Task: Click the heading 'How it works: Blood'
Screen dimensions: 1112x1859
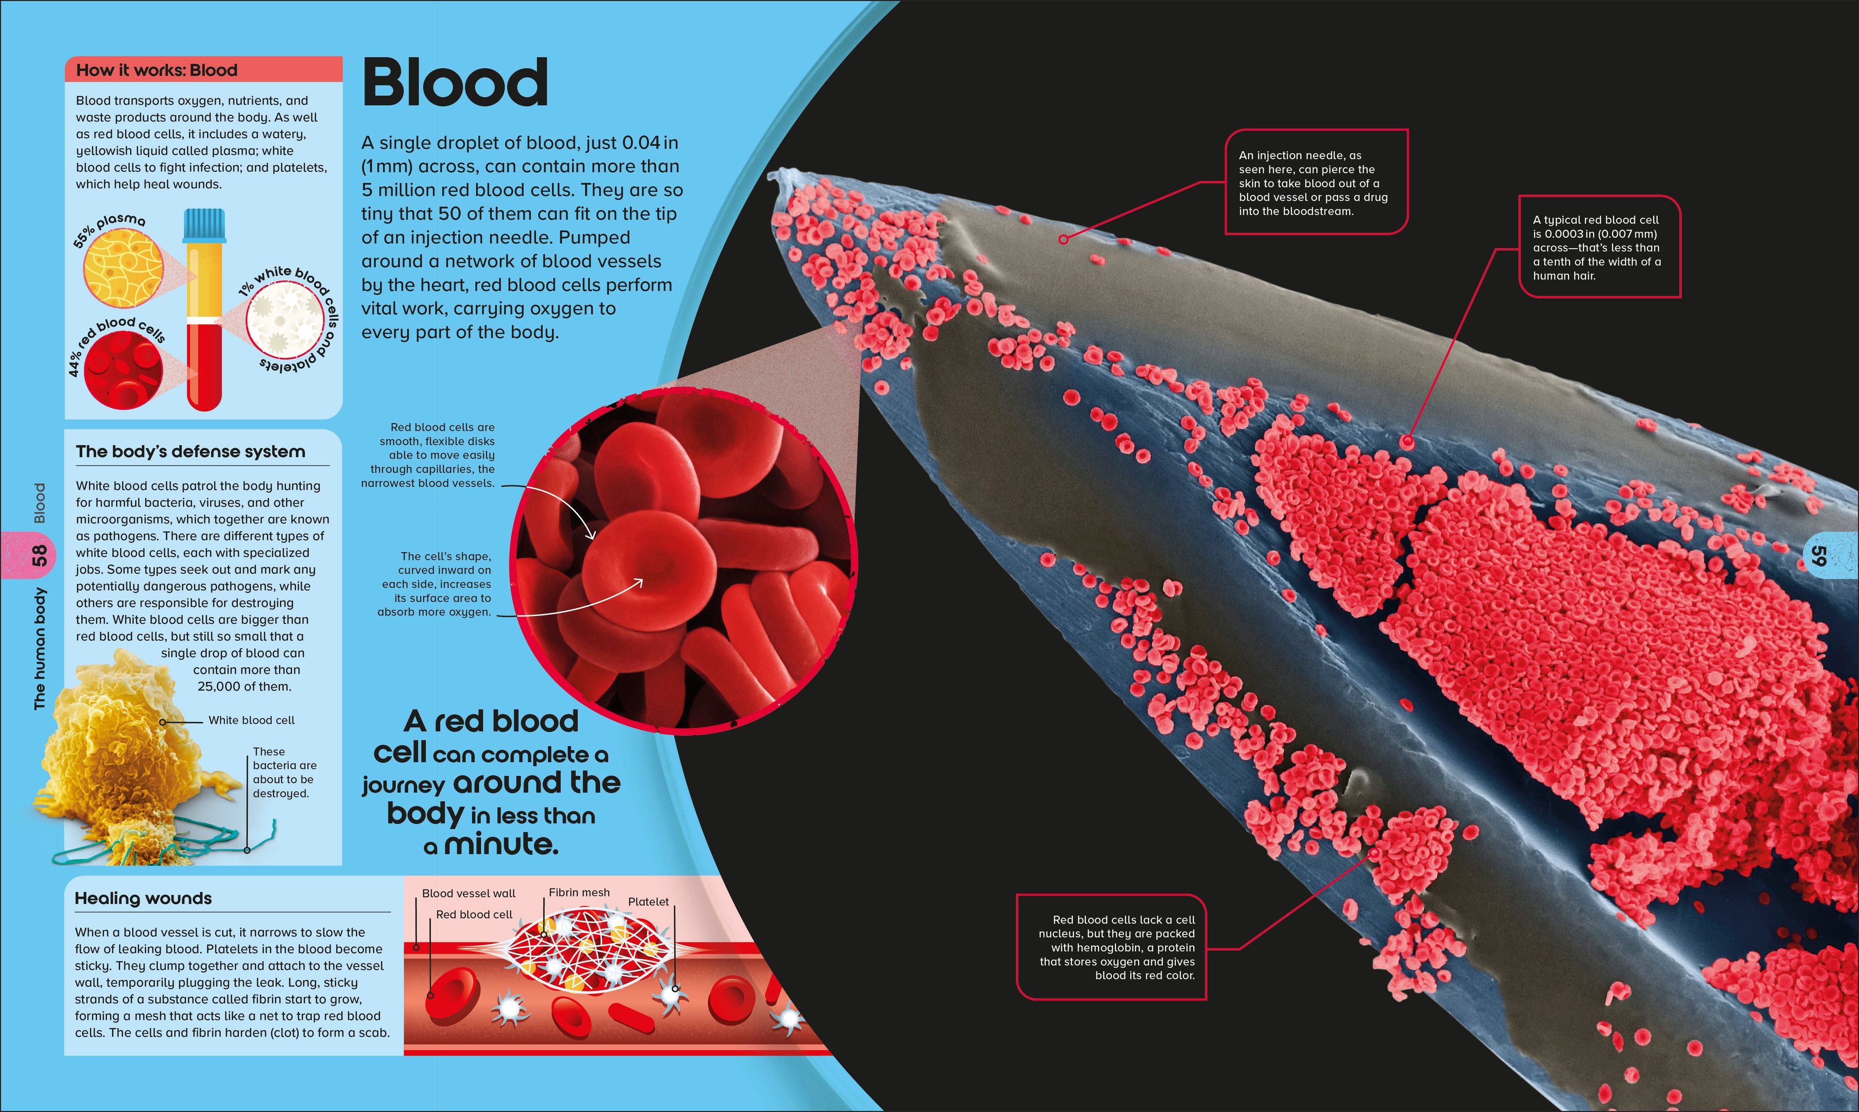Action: pyautogui.click(x=157, y=71)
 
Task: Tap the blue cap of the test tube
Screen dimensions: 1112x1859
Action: pyautogui.click(x=204, y=225)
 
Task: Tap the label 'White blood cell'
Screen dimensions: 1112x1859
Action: pyautogui.click(x=251, y=720)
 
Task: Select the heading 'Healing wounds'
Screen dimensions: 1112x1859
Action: pyautogui.click(x=143, y=899)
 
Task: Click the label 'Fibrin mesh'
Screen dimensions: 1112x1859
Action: pyautogui.click(x=579, y=892)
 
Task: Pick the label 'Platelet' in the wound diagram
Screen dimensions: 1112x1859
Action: pyautogui.click(x=648, y=902)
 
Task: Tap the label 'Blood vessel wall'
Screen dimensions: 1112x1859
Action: pyautogui.click(x=469, y=893)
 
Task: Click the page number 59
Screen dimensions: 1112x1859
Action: pyautogui.click(x=1818, y=555)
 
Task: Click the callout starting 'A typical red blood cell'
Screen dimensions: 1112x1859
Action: pyautogui.click(x=1599, y=247)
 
